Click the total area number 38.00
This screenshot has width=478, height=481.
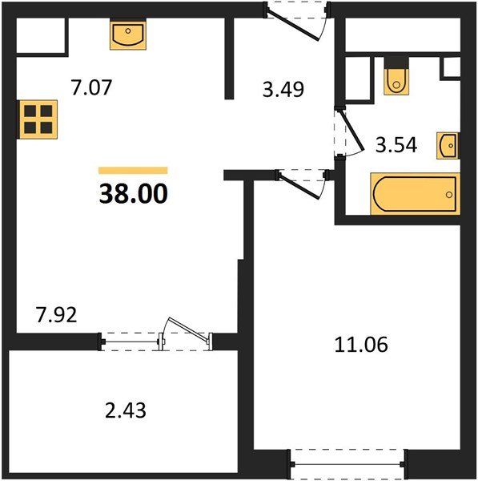pyautogui.click(x=133, y=194)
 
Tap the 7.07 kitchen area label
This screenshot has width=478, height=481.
pyautogui.click(x=91, y=87)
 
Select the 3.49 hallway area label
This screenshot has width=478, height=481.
pyautogui.click(x=283, y=90)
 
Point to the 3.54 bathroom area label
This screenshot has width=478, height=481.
pyautogui.click(x=396, y=145)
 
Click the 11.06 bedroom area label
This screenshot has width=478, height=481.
pyautogui.click(x=361, y=345)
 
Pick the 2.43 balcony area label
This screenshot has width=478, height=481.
pyautogui.click(x=126, y=410)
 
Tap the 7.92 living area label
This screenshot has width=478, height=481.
pyautogui.click(x=56, y=315)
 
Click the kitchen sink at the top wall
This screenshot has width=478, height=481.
pyautogui.click(x=128, y=34)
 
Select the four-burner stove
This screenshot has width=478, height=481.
pyautogui.click(x=38, y=119)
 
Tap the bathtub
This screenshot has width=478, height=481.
pyautogui.click(x=416, y=194)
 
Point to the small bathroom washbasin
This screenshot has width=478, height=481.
pyautogui.click(x=448, y=146)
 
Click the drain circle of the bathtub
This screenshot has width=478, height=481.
pyautogui.click(x=449, y=195)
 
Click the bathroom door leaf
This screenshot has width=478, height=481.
pyautogui.click(x=351, y=131)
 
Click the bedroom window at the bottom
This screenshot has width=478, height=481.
pyautogui.click(x=348, y=465)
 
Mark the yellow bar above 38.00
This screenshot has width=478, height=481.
pyautogui.click(x=133, y=170)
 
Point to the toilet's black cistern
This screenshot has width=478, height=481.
pyautogui.click(x=396, y=63)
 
